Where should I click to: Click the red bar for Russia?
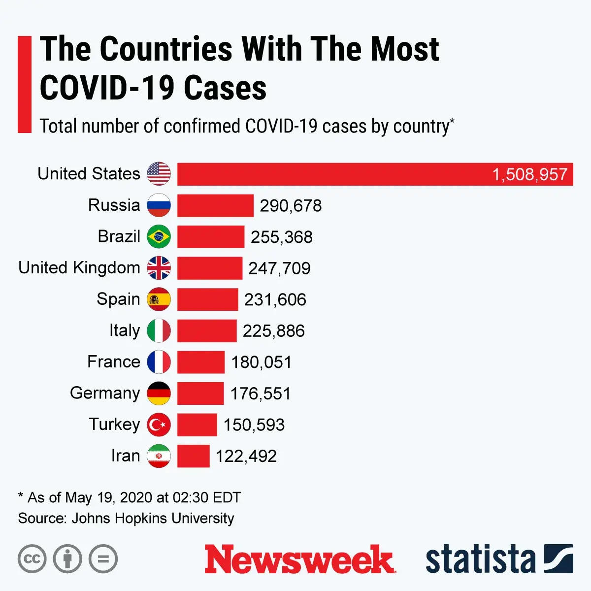215,205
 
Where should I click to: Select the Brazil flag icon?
159,237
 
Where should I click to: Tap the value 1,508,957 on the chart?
529,174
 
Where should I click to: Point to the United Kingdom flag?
159,268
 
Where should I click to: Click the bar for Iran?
193,456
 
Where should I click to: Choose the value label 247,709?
279,268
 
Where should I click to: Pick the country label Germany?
105,393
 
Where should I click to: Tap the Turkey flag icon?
159,425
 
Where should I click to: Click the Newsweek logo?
299,559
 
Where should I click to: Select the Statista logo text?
480,559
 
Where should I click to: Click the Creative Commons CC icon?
32,559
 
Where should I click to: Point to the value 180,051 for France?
262,362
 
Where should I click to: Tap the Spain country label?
118,299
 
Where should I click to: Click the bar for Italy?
207,331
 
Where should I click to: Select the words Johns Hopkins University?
153,518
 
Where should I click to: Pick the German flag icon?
159,394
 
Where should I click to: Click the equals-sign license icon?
103,559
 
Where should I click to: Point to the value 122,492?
246,456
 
